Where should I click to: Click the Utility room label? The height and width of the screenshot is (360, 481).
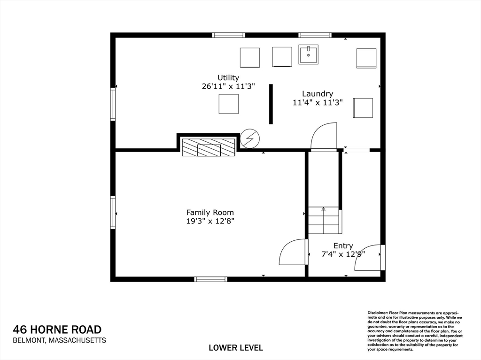[x=228, y=77]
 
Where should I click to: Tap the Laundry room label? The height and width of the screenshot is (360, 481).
[x=318, y=93]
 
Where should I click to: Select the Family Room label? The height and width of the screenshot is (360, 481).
[x=210, y=212]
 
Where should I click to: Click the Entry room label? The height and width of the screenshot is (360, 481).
[x=343, y=245]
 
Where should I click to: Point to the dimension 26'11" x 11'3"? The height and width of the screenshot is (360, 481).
[x=228, y=86]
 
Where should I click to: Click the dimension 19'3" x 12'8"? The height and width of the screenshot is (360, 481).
[x=210, y=221]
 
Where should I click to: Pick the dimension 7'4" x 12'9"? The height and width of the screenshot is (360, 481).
[x=343, y=254]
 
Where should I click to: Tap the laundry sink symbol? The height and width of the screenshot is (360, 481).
[x=309, y=54]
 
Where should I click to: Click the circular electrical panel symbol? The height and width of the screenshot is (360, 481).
[x=249, y=138]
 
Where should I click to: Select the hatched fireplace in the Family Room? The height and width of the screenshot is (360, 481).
[x=209, y=147]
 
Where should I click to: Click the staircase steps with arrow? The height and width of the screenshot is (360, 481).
[x=324, y=220]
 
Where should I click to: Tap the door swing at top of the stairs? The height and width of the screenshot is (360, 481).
[x=325, y=137]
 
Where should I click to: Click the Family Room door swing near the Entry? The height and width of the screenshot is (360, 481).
[x=293, y=253]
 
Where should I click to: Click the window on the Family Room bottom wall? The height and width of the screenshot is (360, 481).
[x=211, y=279]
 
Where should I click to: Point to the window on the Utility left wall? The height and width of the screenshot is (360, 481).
[x=113, y=104]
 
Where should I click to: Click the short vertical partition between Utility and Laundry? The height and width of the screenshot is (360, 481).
[x=271, y=104]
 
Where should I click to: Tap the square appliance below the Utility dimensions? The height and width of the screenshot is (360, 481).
[x=229, y=104]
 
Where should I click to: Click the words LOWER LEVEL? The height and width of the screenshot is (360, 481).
[x=236, y=348]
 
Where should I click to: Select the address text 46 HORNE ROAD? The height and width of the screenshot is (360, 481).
[x=57, y=329]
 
